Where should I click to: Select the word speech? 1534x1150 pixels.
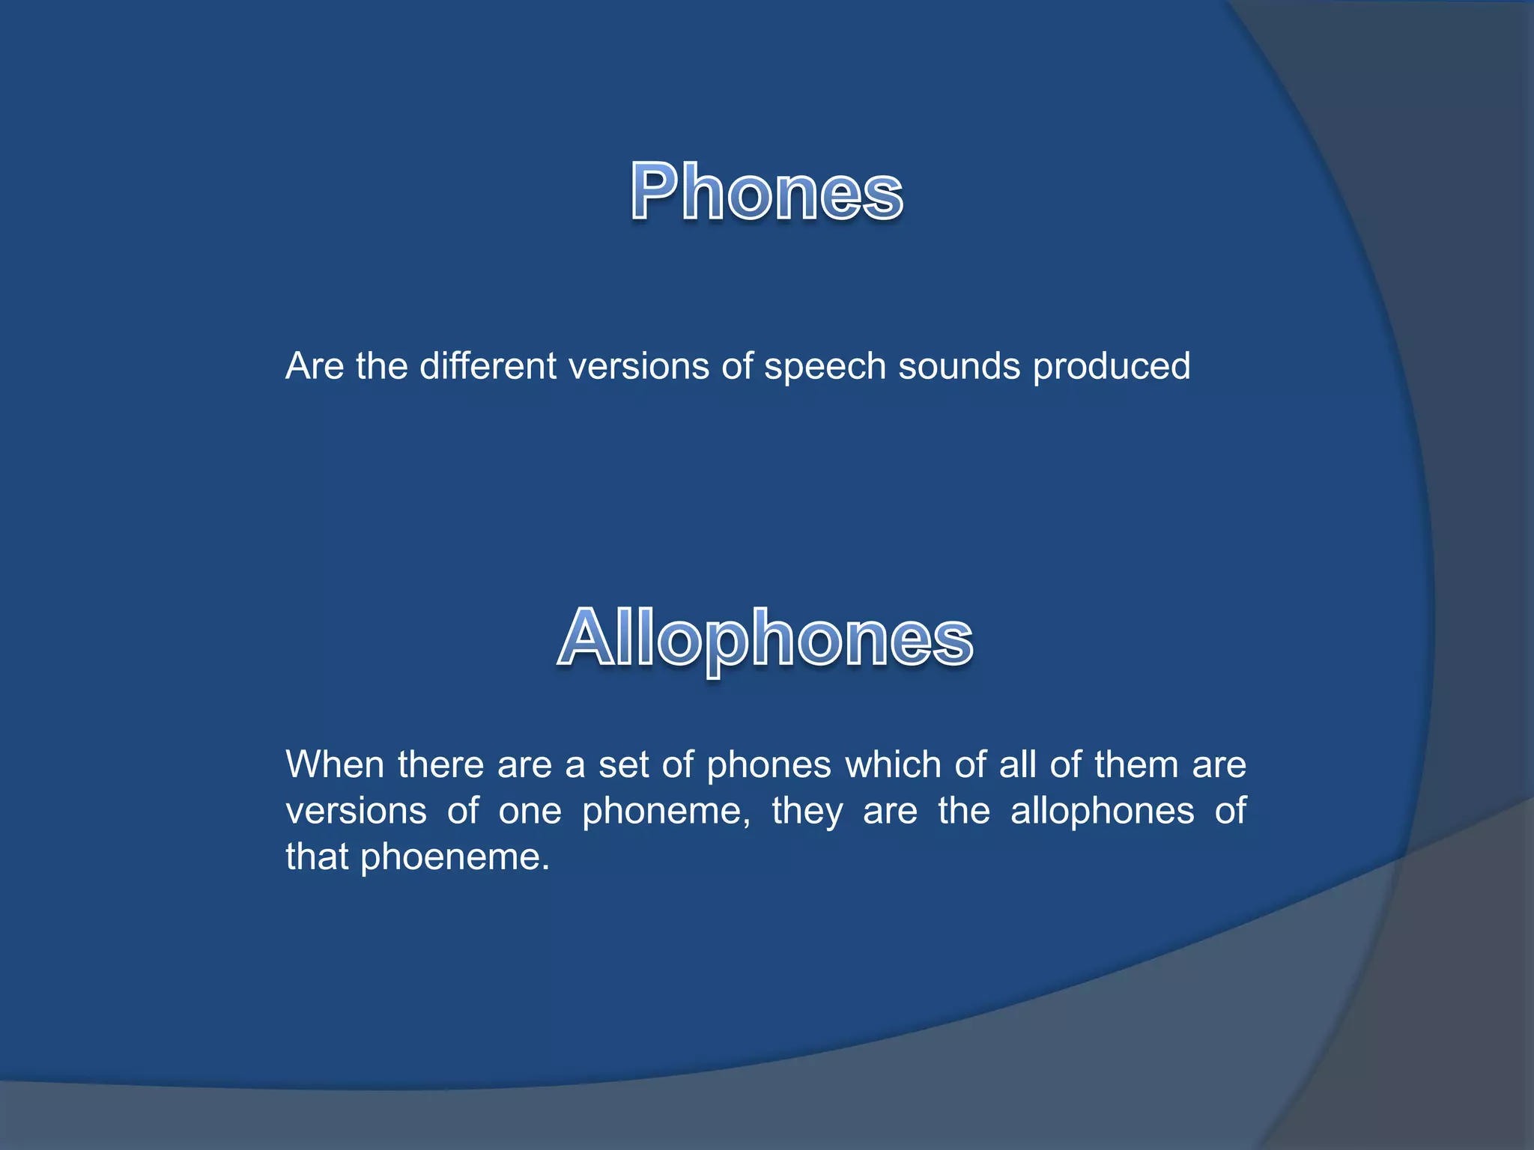[825, 368]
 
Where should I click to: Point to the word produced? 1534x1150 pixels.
[1112, 368]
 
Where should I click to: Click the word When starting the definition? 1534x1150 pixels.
[335, 764]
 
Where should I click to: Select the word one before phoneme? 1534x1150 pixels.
[530, 811]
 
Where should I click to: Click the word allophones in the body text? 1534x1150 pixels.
[1102, 811]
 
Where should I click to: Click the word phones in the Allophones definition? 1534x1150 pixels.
[768, 766]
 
